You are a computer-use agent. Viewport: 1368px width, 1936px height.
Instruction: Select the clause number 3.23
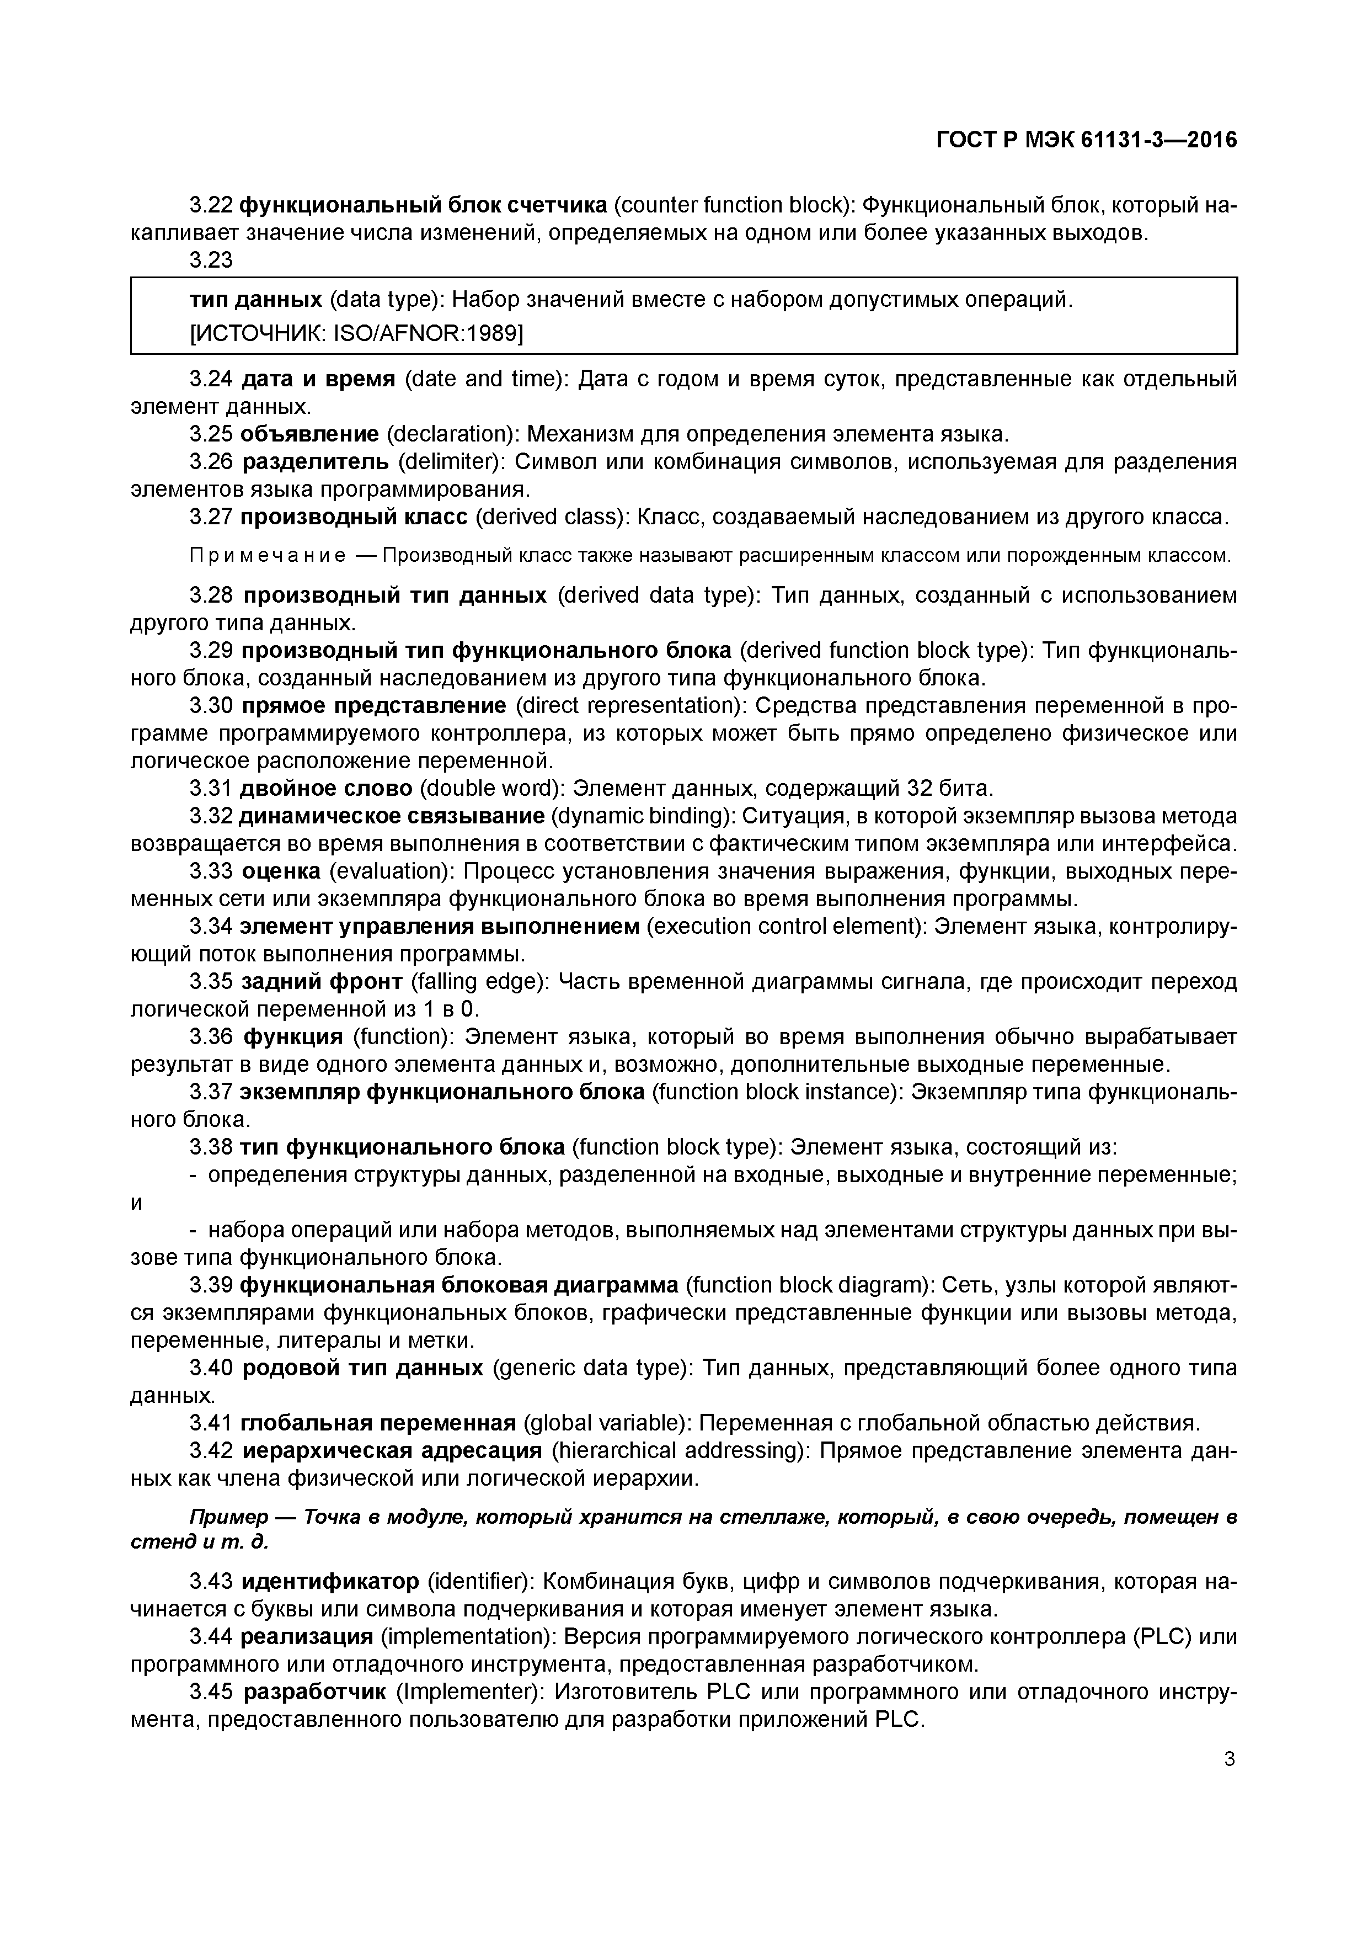[211, 260]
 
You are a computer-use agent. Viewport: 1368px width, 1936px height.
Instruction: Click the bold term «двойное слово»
[326, 789]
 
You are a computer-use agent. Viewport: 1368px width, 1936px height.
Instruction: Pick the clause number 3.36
[211, 1036]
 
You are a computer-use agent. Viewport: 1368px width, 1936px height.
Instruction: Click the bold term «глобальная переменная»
[378, 1423]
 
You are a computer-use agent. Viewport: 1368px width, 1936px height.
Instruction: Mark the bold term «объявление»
[309, 434]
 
